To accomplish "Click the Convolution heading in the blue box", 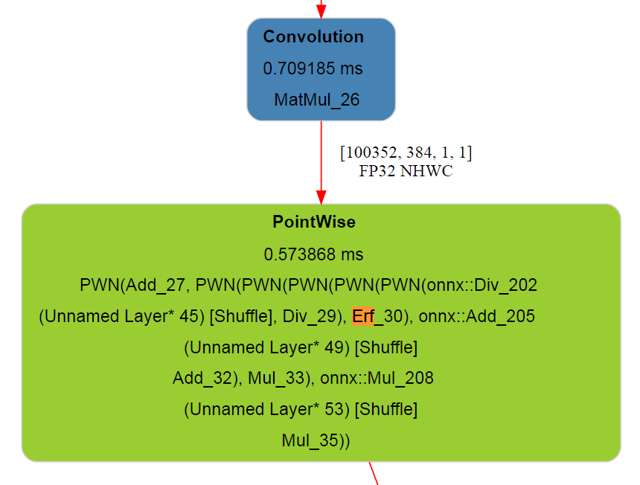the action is pyautogui.click(x=313, y=36).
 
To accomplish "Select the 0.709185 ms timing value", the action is pyautogui.click(x=313, y=68).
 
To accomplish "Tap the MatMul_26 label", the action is pyautogui.click(x=317, y=100).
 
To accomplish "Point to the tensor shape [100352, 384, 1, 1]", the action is pyautogui.click(x=406, y=152).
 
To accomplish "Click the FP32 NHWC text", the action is pyautogui.click(x=406, y=171).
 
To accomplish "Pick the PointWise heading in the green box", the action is pyautogui.click(x=314, y=222).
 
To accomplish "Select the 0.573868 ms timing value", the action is pyautogui.click(x=313, y=254).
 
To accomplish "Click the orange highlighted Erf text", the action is pyautogui.click(x=363, y=316).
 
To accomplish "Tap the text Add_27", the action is pyautogui.click(x=155, y=285).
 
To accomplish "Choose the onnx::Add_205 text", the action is pyautogui.click(x=477, y=317).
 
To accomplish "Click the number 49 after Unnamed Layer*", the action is pyautogui.click(x=334, y=347).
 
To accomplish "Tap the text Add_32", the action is pyautogui.click(x=202, y=378).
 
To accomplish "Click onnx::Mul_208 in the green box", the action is pyautogui.click(x=377, y=378).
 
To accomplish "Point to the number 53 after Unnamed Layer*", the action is pyautogui.click(x=334, y=409).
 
